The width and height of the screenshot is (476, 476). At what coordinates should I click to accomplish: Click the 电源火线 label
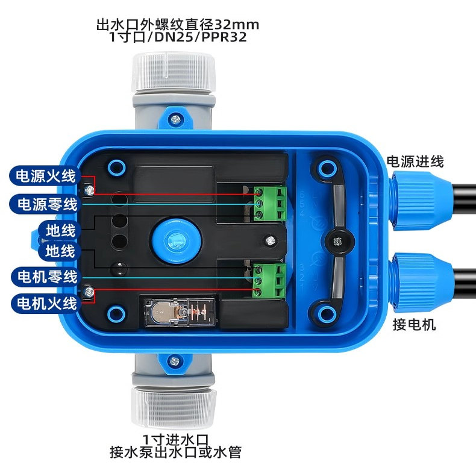[x=45, y=176]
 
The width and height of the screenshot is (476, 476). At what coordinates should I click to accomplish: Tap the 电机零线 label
[x=46, y=277]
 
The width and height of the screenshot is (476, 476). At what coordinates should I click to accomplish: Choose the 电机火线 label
[x=46, y=303]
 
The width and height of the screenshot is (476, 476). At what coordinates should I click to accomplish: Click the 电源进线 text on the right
[x=415, y=161]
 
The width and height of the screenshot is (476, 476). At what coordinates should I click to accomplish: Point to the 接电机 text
[x=414, y=325]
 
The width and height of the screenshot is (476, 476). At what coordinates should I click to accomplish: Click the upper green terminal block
[x=270, y=204]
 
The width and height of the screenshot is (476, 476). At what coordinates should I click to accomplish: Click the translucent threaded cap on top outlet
[x=174, y=71]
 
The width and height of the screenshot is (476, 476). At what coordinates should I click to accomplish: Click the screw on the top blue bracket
[x=175, y=119]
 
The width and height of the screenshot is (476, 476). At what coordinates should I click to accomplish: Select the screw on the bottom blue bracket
[x=175, y=362]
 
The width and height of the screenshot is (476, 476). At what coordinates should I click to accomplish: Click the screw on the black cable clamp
[x=336, y=242]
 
